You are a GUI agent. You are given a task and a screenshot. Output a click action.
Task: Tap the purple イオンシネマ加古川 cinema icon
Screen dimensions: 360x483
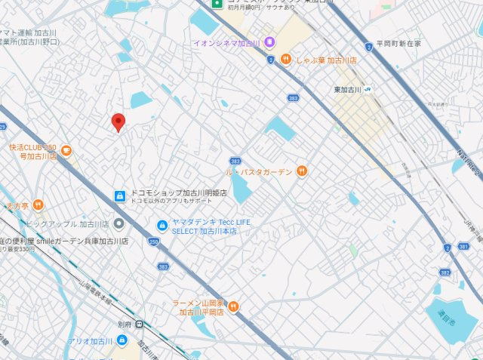(269, 42)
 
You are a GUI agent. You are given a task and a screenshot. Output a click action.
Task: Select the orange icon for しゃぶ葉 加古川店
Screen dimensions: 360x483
(285, 59)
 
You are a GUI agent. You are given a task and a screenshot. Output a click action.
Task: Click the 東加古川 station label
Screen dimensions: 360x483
(347, 90)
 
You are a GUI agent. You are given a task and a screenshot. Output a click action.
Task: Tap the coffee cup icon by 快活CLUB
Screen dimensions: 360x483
(66, 151)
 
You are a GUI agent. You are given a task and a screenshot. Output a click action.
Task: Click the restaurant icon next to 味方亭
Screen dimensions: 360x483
(38, 204)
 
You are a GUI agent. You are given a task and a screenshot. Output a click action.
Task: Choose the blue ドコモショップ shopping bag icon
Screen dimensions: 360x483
(119, 196)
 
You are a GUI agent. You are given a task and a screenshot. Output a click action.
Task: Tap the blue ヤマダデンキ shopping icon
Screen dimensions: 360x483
(162, 225)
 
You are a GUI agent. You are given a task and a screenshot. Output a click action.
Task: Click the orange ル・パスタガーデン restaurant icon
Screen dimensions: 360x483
(301, 171)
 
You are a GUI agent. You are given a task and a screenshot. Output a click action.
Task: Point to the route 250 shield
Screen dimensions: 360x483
(154, 242)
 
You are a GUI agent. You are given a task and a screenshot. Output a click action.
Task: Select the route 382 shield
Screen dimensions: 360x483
(445, 271)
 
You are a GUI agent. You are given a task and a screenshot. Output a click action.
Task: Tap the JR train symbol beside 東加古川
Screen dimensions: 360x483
(368, 90)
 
